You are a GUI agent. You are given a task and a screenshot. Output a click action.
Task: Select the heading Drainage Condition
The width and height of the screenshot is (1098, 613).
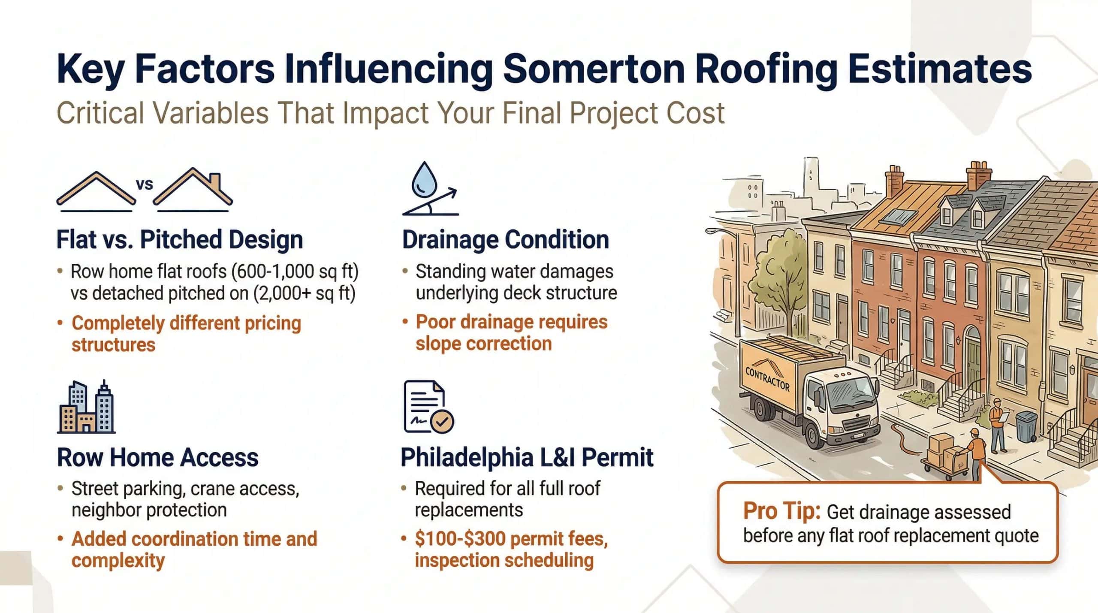tap(505, 239)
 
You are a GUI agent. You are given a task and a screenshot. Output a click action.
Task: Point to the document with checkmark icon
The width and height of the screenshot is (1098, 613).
tap(428, 407)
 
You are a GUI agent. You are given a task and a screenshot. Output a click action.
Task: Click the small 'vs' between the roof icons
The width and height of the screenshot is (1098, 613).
tap(144, 184)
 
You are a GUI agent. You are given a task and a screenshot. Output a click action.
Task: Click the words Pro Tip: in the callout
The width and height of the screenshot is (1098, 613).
tap(781, 511)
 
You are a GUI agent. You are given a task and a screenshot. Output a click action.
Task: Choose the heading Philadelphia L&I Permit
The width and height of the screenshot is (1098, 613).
tap(527, 457)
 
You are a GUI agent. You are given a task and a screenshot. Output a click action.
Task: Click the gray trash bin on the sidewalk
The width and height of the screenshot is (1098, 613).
tap(1026, 426)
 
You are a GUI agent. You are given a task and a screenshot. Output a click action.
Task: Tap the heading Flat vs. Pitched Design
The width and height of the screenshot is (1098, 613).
tap(180, 239)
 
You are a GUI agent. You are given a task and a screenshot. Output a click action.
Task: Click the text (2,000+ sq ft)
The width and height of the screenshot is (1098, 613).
tap(304, 293)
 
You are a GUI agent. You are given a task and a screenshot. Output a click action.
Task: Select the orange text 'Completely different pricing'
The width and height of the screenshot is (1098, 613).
tap(186, 323)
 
